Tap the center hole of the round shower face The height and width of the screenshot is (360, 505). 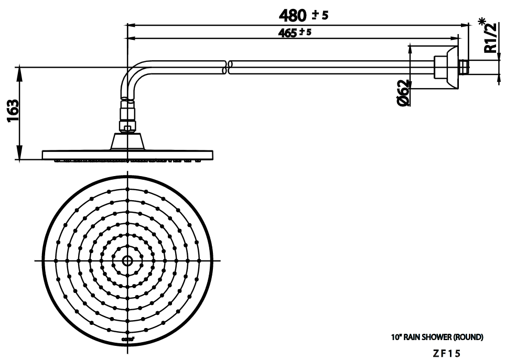128,260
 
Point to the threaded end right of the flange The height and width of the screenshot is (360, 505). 463,67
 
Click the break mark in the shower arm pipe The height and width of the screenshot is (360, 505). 227,67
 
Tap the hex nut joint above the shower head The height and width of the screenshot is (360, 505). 127,126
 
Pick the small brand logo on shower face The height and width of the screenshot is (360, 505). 128,339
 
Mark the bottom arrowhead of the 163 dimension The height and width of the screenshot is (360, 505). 20,155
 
